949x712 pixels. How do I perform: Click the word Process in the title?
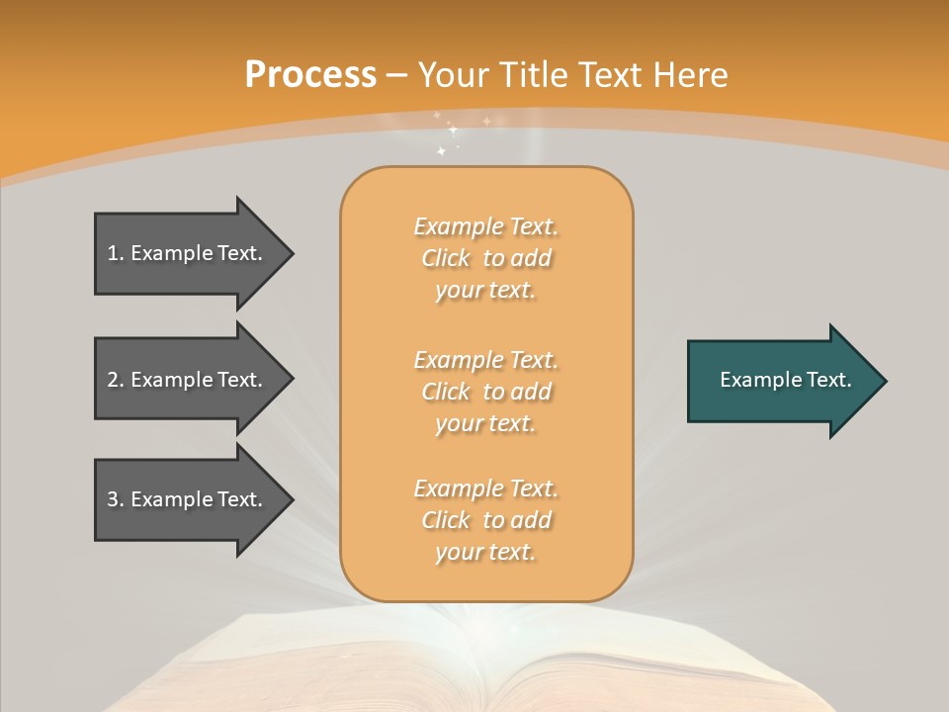click(310, 75)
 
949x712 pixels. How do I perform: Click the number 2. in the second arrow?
click(115, 380)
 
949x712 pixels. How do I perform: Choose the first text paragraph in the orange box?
click(485, 258)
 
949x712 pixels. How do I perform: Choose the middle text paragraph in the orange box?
click(485, 392)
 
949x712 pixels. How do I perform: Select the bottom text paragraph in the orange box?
click(485, 520)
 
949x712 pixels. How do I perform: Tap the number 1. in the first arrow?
click(115, 253)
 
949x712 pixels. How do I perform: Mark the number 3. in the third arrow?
click(115, 499)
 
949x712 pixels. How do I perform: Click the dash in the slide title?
click(397, 76)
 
